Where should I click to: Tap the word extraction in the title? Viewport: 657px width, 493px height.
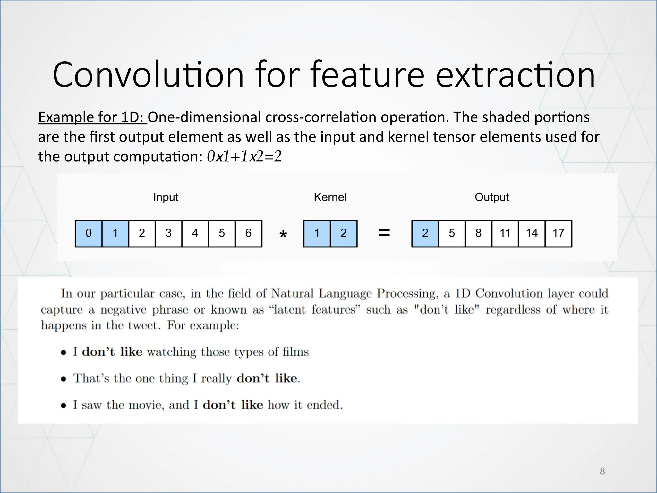click(515, 75)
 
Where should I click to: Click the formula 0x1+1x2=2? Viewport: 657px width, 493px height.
click(244, 157)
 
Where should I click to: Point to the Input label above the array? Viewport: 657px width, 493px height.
click(166, 197)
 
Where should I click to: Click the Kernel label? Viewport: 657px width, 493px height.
click(330, 197)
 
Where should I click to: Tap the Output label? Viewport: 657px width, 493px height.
click(491, 197)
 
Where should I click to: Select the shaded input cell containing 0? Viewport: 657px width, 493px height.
click(89, 233)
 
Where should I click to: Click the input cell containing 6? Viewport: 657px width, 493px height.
click(248, 233)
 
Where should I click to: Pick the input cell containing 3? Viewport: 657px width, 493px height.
click(168, 233)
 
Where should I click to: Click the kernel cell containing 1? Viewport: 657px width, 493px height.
click(317, 233)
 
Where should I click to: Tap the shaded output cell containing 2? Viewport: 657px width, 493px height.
click(425, 233)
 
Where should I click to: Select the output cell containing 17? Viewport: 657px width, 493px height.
click(558, 233)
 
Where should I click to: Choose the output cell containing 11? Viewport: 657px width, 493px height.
click(505, 233)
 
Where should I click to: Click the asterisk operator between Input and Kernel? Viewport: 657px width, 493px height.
click(283, 235)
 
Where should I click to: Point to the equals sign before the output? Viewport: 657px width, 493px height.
click(384, 233)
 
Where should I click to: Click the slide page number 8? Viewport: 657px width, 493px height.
click(602, 471)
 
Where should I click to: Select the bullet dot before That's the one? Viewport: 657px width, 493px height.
click(64, 379)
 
